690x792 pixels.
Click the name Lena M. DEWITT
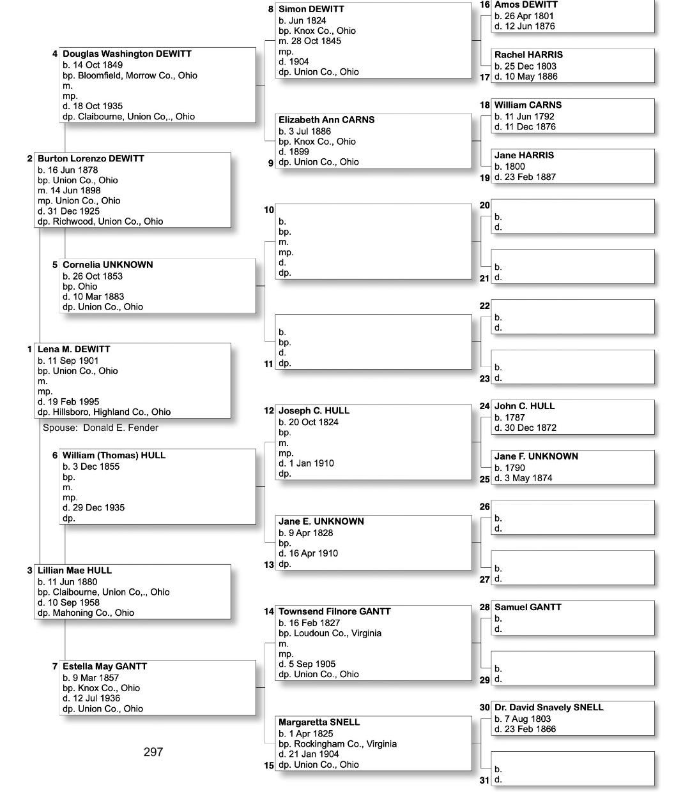point(73,349)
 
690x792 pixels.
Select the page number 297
point(153,752)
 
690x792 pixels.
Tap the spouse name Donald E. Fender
point(120,428)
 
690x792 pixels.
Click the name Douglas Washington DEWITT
point(126,54)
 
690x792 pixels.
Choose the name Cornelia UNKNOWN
point(107,265)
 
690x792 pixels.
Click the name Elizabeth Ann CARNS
point(326,120)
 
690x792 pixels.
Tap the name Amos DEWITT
point(526,5)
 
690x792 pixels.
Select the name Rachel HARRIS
point(528,55)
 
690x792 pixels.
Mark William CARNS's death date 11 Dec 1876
point(525,126)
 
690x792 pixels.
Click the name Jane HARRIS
point(524,155)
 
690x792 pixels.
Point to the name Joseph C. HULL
point(314,411)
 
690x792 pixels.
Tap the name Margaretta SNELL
point(319,722)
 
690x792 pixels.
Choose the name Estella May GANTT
point(105,666)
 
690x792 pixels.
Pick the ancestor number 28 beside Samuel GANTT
point(485,607)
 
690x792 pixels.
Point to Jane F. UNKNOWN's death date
point(523,478)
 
